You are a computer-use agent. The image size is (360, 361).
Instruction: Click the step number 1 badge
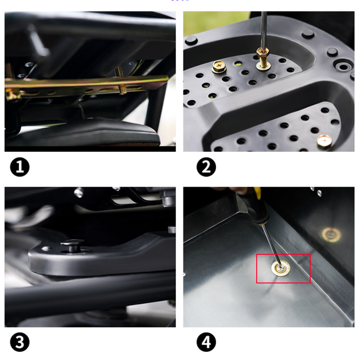click(20, 167)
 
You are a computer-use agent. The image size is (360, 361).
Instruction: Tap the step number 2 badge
click(206, 167)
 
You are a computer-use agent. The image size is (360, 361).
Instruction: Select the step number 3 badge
click(20, 342)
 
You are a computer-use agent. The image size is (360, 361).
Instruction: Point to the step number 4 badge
click(206, 342)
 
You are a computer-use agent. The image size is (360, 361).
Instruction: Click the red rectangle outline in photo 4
click(283, 254)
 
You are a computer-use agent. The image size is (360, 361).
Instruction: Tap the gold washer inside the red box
click(281, 268)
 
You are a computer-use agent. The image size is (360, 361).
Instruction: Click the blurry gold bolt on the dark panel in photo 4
click(331, 235)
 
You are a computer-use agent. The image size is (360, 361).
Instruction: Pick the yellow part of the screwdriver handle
click(257, 193)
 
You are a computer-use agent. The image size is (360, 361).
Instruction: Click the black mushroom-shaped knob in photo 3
click(72, 245)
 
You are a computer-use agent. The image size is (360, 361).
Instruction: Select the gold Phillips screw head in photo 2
click(219, 66)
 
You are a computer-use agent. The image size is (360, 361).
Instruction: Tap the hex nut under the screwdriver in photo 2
click(264, 53)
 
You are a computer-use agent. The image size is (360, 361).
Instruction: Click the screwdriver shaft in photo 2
click(264, 30)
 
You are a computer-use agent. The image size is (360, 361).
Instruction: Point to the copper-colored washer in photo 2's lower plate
click(324, 140)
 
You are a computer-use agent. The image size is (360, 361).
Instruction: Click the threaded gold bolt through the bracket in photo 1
click(120, 80)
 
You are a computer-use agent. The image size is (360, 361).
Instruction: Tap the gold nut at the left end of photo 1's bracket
click(11, 95)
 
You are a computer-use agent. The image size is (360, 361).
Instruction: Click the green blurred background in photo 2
click(214, 23)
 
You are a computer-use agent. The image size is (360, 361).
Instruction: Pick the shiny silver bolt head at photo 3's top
click(79, 193)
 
